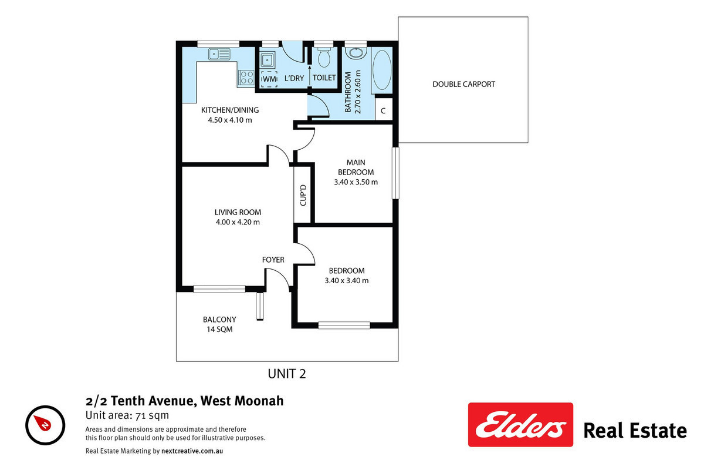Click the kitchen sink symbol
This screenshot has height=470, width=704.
tap(219, 54)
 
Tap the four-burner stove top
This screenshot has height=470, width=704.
tap(246, 78)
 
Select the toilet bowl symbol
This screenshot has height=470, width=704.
tap(324, 57)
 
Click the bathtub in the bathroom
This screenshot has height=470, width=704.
tap(382, 70)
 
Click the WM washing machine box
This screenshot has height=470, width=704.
tap(269, 78)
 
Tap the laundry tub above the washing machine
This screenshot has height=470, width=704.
tap(268, 59)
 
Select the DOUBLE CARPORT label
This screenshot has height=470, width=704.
tap(463, 84)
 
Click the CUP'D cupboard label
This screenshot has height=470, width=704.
tap(303, 195)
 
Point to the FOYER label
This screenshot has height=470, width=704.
tap(273, 260)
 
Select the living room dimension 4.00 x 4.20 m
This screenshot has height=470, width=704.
tap(238, 222)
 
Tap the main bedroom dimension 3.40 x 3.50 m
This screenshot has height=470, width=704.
tap(356, 182)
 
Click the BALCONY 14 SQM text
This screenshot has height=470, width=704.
tap(219, 324)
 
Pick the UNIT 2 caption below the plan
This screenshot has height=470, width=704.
tap(287, 374)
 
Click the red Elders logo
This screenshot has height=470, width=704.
tap(520, 424)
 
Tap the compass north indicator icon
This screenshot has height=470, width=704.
tap(45, 425)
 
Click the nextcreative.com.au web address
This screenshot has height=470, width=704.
tap(192, 451)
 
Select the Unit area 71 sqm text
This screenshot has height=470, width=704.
tap(127, 415)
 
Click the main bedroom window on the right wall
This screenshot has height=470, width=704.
tap(395, 173)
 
